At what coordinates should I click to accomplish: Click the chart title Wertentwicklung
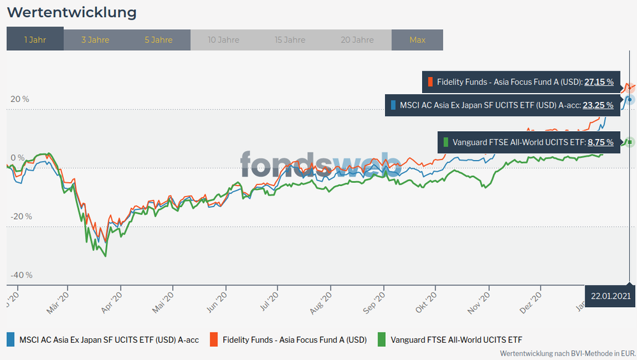(x=71, y=13)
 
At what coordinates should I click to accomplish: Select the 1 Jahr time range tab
(x=35, y=40)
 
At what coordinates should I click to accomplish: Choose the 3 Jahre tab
(x=95, y=40)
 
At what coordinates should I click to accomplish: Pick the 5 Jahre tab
(x=158, y=40)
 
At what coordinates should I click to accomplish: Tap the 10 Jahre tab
(x=224, y=40)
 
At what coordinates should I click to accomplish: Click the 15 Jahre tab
(x=289, y=40)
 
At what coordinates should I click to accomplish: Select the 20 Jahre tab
(x=356, y=40)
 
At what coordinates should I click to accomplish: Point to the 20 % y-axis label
(x=20, y=99)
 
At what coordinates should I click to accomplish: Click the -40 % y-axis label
(x=21, y=275)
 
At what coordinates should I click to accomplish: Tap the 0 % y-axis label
(x=17, y=158)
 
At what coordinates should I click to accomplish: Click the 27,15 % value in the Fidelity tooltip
(x=599, y=82)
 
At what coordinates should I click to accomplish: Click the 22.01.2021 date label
(x=610, y=296)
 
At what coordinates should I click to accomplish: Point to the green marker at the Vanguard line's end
(x=629, y=141)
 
